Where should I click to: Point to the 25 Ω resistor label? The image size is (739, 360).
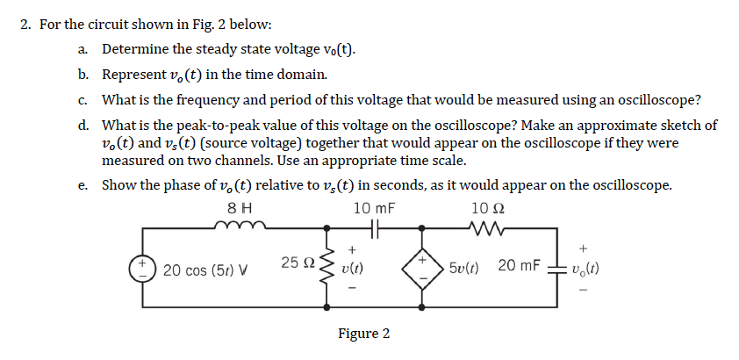pos(298,263)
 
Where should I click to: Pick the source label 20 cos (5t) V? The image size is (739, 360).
pos(204,268)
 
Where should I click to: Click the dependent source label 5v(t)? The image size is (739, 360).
pos(464,266)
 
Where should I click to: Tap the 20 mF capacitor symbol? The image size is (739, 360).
pos(556,267)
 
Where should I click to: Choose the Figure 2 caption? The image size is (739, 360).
pos(363,334)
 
